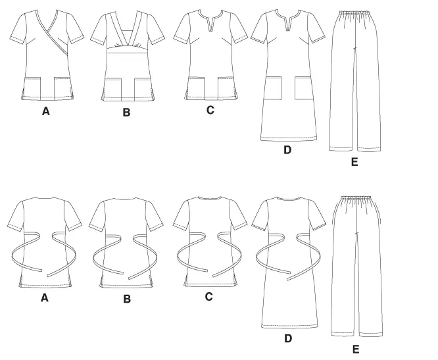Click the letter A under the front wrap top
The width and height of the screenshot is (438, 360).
pyautogui.click(x=46, y=111)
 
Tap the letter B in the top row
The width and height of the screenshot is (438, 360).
pyautogui.click(x=126, y=113)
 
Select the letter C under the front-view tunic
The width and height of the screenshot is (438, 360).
pyautogui.click(x=210, y=110)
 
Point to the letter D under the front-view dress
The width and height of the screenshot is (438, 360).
pyautogui.click(x=287, y=150)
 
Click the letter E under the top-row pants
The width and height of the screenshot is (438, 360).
pyautogui.click(x=354, y=162)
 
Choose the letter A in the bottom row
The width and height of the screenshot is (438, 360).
pyautogui.click(x=45, y=298)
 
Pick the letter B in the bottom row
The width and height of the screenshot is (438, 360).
pyautogui.click(x=127, y=299)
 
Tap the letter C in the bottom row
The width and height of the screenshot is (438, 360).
pyautogui.click(x=209, y=297)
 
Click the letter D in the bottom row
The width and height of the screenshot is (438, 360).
pyautogui.click(x=288, y=338)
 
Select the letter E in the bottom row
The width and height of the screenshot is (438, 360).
pyautogui.click(x=356, y=349)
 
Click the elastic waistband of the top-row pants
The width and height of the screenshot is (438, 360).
pyautogui.click(x=354, y=13)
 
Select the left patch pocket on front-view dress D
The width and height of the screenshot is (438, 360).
pyautogui.click(x=274, y=88)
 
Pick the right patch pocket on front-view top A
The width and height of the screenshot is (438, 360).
pyautogui.click(x=62, y=89)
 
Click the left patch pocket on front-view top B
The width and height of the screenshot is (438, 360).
pyautogui.click(x=113, y=90)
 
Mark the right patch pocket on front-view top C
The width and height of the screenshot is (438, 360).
pyautogui.click(x=226, y=88)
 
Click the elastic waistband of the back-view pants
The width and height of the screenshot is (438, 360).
pyautogui.click(x=357, y=199)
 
